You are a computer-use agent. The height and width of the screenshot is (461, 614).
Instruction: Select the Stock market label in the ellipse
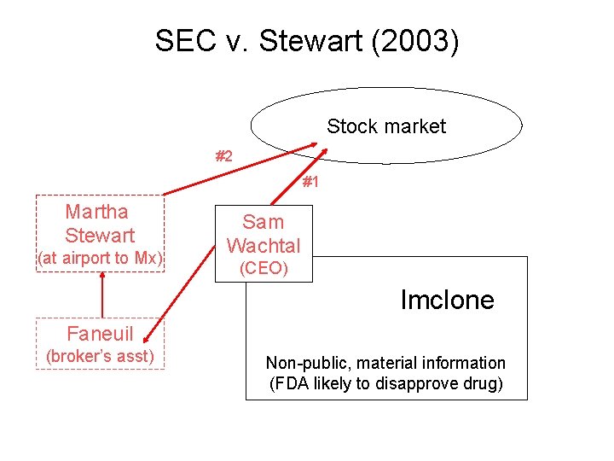386,126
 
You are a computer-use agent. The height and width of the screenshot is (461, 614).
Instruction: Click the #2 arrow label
223,156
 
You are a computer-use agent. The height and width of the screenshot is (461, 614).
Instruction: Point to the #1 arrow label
311,182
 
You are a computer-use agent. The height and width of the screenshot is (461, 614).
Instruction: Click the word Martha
97,212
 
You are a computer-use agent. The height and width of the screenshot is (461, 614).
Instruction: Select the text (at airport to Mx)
100,259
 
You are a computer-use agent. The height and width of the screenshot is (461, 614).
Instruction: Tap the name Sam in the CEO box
263,222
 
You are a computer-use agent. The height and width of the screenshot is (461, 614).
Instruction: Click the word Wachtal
264,246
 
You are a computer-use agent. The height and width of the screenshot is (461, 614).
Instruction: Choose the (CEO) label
264,269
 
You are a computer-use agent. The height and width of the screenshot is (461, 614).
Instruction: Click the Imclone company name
447,300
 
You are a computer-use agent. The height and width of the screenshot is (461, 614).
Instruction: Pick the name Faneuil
100,333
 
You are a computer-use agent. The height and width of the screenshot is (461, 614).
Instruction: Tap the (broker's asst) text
100,356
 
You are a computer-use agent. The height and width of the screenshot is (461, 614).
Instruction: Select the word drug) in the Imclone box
483,383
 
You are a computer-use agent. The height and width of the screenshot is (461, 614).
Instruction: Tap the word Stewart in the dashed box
100,235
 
